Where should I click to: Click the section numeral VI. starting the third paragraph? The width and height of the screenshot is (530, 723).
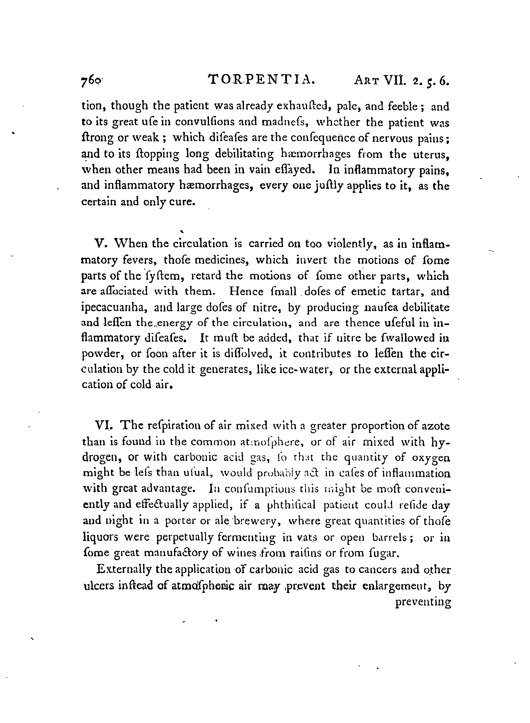[103, 426]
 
